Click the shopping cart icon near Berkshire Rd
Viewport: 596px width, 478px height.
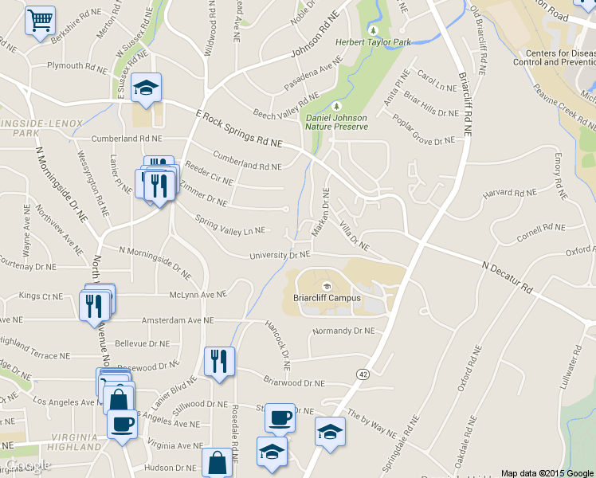point(40,20)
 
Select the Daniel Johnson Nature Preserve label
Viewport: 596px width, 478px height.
point(337,121)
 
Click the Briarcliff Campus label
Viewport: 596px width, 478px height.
point(327,298)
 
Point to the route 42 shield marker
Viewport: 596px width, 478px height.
point(363,374)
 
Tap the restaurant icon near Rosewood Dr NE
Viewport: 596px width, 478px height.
point(218,361)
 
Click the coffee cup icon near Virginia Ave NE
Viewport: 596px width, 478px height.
point(122,423)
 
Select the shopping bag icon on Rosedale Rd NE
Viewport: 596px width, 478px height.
point(218,462)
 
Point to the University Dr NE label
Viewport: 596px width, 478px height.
point(279,256)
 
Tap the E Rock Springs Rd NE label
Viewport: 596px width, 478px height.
point(238,129)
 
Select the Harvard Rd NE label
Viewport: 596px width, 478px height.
point(509,193)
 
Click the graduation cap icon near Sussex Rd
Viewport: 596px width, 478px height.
point(147,87)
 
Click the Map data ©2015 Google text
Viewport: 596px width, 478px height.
point(547,472)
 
